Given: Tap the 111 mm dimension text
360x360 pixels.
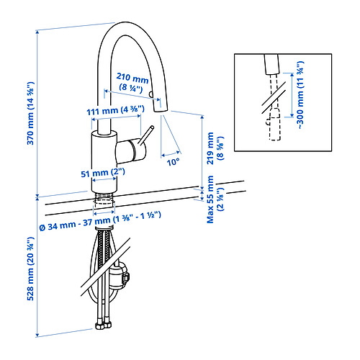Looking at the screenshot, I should click(x=115, y=109).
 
